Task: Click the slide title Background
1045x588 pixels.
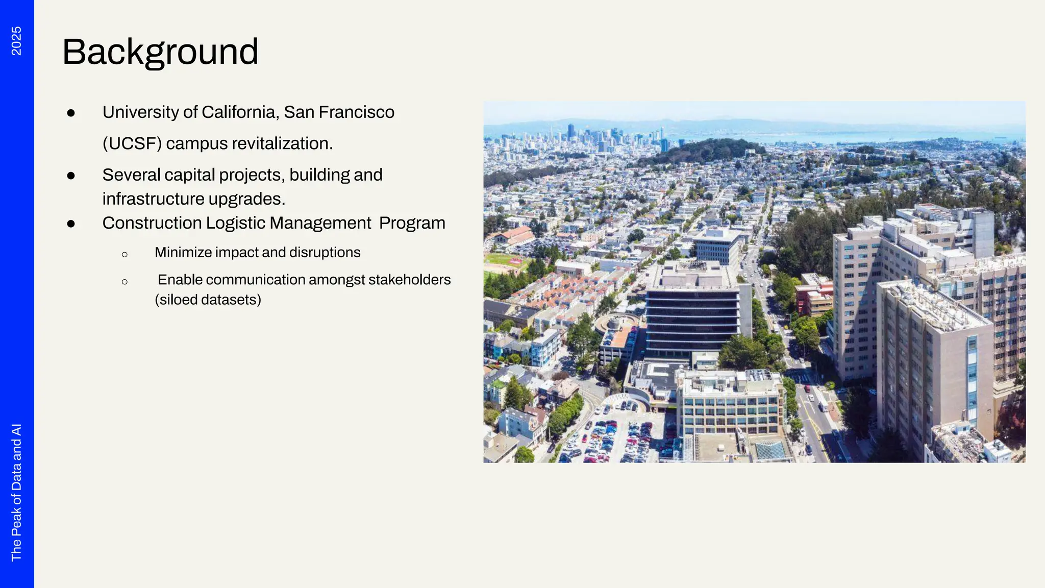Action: point(160,52)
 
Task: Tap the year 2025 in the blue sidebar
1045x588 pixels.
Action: point(16,41)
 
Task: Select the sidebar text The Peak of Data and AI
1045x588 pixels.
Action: point(16,492)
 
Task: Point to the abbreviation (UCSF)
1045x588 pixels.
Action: point(132,144)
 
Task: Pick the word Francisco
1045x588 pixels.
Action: point(356,112)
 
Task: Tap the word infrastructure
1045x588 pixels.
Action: point(153,199)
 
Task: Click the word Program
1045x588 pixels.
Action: point(412,223)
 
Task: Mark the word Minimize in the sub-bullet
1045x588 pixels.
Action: point(183,253)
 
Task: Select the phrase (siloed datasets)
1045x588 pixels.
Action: point(208,300)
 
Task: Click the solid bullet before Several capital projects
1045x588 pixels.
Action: point(71,176)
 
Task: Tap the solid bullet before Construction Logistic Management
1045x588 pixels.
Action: point(71,224)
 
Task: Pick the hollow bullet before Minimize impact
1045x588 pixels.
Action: point(125,254)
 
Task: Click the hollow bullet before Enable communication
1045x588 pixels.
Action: point(125,281)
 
